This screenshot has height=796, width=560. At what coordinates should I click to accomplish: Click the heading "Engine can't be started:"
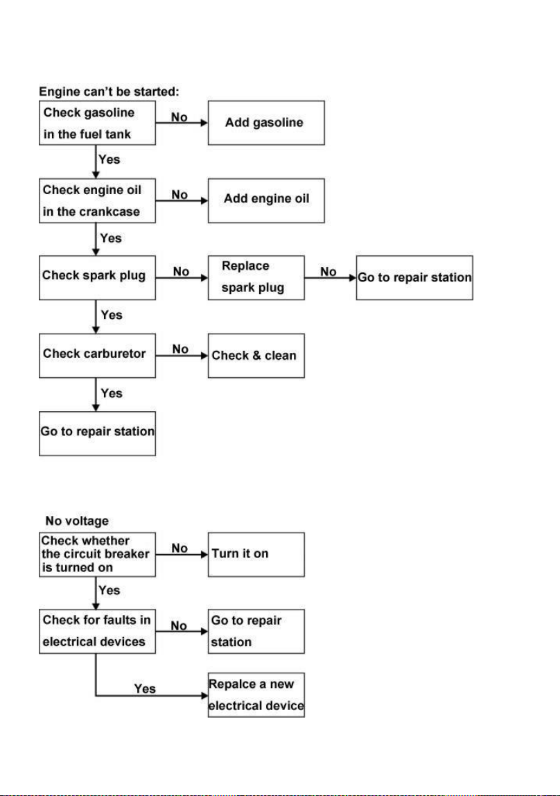tap(109, 92)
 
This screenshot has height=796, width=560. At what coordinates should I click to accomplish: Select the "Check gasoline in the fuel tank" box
tap(98, 123)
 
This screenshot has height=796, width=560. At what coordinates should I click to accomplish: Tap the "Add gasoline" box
tap(266, 123)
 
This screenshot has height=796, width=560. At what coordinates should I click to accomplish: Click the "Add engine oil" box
tap(266, 200)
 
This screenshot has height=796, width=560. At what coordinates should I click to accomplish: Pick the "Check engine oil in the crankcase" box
tap(98, 200)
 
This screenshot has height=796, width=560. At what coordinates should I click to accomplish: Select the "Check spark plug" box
tap(98, 277)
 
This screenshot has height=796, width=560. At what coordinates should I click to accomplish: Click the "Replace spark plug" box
tap(256, 277)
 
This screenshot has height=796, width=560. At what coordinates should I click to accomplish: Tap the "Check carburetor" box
tap(98, 355)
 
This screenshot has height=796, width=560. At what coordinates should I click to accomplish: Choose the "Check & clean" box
tap(256, 355)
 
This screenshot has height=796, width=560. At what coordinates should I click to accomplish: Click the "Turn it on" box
tap(256, 555)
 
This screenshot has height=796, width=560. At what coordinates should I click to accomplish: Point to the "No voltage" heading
tap(77, 521)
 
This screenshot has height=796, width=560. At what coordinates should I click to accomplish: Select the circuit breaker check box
tap(98, 555)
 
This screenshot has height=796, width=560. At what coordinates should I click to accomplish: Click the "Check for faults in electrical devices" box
tap(98, 632)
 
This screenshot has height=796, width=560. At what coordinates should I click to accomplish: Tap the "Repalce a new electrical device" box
tap(256, 695)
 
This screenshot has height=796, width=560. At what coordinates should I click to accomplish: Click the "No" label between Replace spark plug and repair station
tap(329, 272)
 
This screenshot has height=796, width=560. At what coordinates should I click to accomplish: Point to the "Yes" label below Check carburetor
tap(112, 393)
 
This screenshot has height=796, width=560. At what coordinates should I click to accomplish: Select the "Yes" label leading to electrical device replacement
tap(145, 689)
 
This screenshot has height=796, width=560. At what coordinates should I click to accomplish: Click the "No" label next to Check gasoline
tap(179, 117)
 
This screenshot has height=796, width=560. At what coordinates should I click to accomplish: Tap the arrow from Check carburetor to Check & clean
tap(182, 356)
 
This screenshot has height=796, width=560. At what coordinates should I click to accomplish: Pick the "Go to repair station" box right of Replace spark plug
tap(414, 277)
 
